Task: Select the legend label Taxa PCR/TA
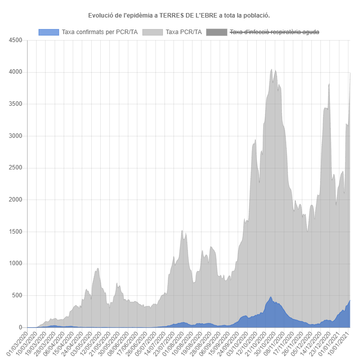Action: pyautogui.click(x=184, y=32)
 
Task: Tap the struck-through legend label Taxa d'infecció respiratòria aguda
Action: pyautogui.click(x=274, y=32)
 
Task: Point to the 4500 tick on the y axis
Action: pyautogui.click(x=15, y=41)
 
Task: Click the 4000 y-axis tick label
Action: pyautogui.click(x=15, y=72)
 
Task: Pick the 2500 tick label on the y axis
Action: pyautogui.click(x=15, y=168)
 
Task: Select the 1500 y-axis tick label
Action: pyautogui.click(x=15, y=232)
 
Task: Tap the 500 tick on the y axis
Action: pyautogui.click(x=17, y=295)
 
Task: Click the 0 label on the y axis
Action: pyautogui.click(x=20, y=327)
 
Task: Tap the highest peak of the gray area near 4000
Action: pyautogui.click(x=272, y=70)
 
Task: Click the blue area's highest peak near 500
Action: pyautogui.click(x=271, y=297)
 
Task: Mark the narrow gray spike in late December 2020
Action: pyautogui.click(x=329, y=84)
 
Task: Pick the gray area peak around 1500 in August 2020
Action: pyautogui.click(x=182, y=231)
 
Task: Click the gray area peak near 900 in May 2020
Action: pyautogui.click(x=98, y=269)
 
